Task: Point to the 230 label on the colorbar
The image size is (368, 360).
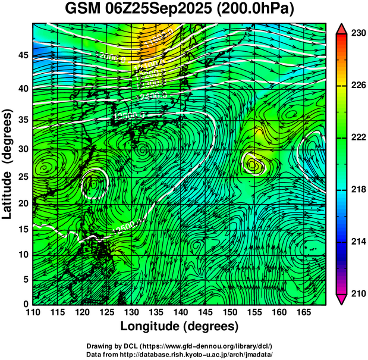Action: [358, 34]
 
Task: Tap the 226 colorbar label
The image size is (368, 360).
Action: [358, 86]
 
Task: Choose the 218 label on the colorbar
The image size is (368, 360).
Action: [358, 190]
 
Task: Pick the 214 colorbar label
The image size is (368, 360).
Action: [358, 242]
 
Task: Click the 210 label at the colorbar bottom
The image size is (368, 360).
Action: [358, 293]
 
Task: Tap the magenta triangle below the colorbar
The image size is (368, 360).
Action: [342, 299]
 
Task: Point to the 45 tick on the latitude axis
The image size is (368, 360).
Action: [22, 55]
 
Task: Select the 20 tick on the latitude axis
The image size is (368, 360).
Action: [22, 203]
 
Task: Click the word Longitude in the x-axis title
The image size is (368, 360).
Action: [151, 327]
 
